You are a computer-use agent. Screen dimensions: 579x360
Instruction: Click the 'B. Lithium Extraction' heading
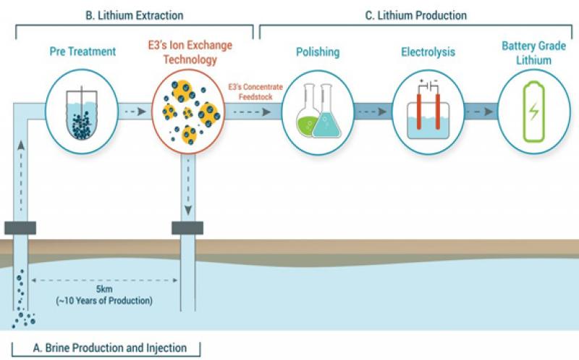pyautogui.click(x=135, y=15)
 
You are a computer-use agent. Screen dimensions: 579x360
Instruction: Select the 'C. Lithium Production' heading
pyautogui.click(x=415, y=15)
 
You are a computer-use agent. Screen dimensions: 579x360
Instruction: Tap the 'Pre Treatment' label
pyautogui.click(x=83, y=51)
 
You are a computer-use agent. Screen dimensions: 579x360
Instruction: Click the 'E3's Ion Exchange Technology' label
pyautogui.click(x=190, y=52)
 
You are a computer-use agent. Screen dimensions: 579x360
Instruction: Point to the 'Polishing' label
pyautogui.click(x=318, y=52)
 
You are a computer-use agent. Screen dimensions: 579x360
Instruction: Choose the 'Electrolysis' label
pyautogui.click(x=428, y=51)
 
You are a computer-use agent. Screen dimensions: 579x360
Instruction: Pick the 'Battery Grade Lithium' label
pyautogui.click(x=533, y=53)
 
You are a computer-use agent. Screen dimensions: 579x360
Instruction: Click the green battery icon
pyautogui.click(x=533, y=112)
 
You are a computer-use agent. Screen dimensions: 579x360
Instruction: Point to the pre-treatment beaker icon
pyautogui.click(x=82, y=113)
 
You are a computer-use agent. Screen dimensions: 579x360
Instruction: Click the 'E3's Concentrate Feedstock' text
pyautogui.click(x=255, y=92)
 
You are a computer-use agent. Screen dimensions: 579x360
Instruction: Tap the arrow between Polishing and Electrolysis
pyautogui.click(x=373, y=112)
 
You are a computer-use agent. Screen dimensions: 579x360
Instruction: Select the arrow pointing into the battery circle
pyautogui.click(x=479, y=112)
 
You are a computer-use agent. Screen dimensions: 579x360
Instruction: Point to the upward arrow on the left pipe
pyautogui.click(x=21, y=175)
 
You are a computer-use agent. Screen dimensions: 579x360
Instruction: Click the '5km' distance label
pyautogui.click(x=104, y=289)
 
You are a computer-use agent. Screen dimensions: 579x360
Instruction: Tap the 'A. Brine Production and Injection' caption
pyautogui.click(x=110, y=348)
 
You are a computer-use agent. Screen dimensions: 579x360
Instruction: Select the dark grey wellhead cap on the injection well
pyautogui.click(x=187, y=228)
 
